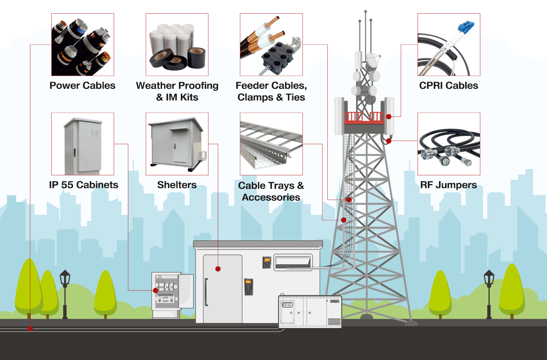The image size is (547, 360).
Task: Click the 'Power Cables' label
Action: point(82,85)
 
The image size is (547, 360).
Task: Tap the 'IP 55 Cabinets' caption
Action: point(83,185)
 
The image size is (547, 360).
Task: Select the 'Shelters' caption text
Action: point(177,185)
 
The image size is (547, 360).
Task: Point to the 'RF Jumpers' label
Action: point(448,185)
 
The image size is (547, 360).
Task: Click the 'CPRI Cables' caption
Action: point(449,85)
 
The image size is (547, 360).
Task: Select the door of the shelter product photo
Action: point(180,146)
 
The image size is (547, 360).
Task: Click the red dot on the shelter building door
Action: point(218,269)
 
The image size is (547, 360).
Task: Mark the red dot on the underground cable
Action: point(30,329)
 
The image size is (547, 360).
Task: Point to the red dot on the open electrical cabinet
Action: point(156,290)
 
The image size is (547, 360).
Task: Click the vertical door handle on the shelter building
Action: point(206,292)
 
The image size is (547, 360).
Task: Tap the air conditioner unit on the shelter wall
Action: point(293,262)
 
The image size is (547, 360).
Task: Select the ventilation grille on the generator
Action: point(334,322)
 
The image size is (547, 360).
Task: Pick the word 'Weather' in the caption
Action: point(155,85)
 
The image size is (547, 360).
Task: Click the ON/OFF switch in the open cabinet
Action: point(166,299)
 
